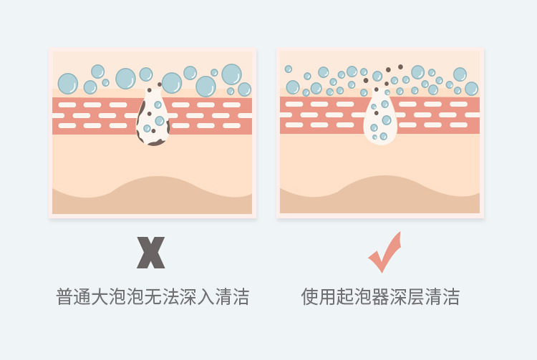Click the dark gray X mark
coord(150,252)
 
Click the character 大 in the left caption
coord(100,296)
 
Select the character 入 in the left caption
coord(205,296)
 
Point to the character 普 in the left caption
coord(64,296)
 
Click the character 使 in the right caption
coord(310,296)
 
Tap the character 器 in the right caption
coord(380,296)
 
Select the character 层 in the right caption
coord(415,296)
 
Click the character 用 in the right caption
coord(327,296)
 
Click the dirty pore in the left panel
coord(153,117)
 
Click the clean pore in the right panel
coord(380,118)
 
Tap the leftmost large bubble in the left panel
coord(68,84)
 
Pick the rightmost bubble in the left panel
coord(245,89)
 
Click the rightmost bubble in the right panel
coord(472,89)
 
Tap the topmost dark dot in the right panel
coord(400,67)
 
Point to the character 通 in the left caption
coord(82,296)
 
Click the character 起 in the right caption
coord(345,296)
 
